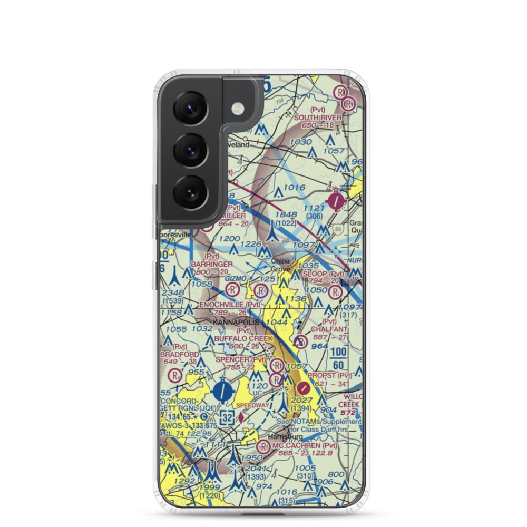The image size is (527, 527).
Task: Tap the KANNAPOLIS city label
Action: pyautogui.click(x=236, y=321)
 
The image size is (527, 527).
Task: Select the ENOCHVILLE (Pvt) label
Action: pyautogui.click(x=230, y=305)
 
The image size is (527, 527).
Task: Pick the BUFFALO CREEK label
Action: pyautogui.click(x=243, y=338)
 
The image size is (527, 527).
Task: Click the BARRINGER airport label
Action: pyautogui.click(x=212, y=263)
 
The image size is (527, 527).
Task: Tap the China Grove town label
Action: pyautogui.click(x=280, y=265)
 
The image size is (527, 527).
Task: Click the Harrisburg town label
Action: pyautogui.click(x=285, y=437)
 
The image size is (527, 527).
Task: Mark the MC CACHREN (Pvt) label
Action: pyautogui.click(x=305, y=446)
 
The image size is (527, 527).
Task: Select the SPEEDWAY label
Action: pyautogui.click(x=252, y=405)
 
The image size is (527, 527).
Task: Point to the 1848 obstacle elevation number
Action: pyautogui.click(x=286, y=215)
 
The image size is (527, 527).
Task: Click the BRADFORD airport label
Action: pyautogui.click(x=180, y=354)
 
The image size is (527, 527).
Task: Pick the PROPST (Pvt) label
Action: pyautogui.click(x=330, y=375)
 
